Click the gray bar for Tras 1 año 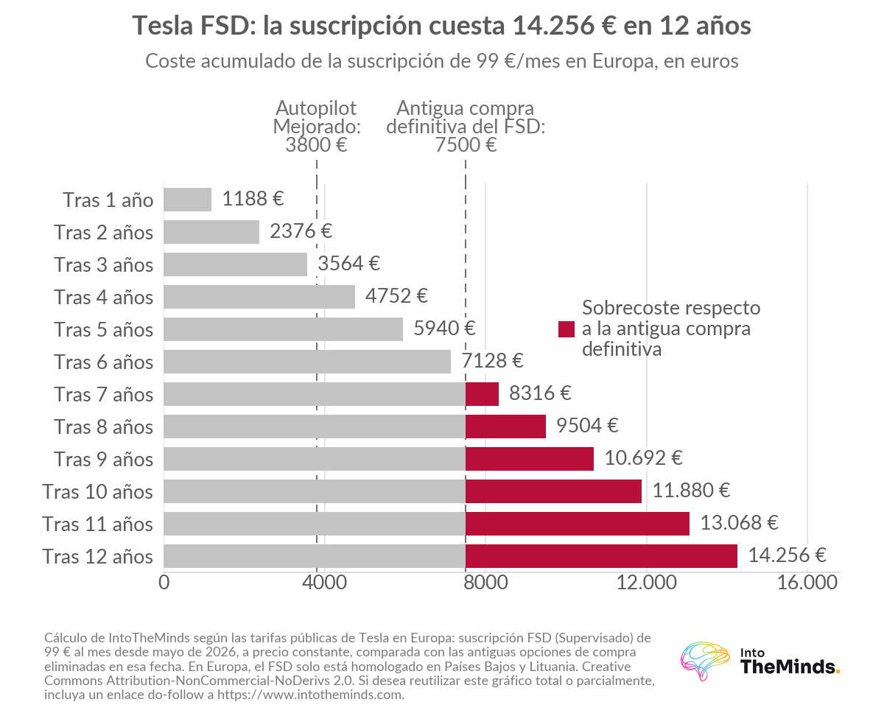(187, 200)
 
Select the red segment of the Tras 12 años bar (601, 555)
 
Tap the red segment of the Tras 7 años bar (482, 394)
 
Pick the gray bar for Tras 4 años (259, 297)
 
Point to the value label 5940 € (444, 328)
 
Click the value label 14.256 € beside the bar (787, 555)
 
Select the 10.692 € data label (643, 458)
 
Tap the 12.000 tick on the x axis (646, 583)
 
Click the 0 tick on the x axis (164, 583)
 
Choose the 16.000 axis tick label (807, 583)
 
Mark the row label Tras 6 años (103, 362)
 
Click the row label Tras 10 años (97, 491)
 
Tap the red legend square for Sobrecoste (566, 329)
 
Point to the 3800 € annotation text (316, 145)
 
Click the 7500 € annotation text (466, 145)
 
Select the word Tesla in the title (163, 26)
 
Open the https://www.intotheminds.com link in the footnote (310, 695)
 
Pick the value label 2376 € (301, 231)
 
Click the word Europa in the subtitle (625, 61)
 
